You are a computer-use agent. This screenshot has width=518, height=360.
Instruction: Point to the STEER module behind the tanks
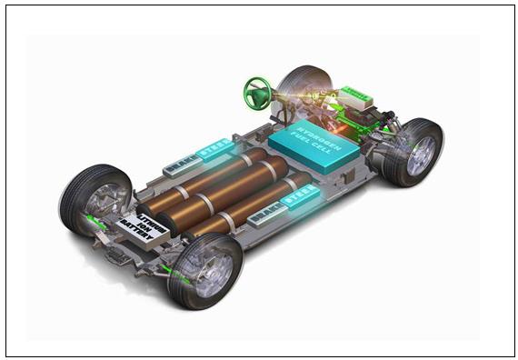tap(215, 148)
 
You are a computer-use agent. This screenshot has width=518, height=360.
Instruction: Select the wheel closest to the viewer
tap(205, 270)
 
